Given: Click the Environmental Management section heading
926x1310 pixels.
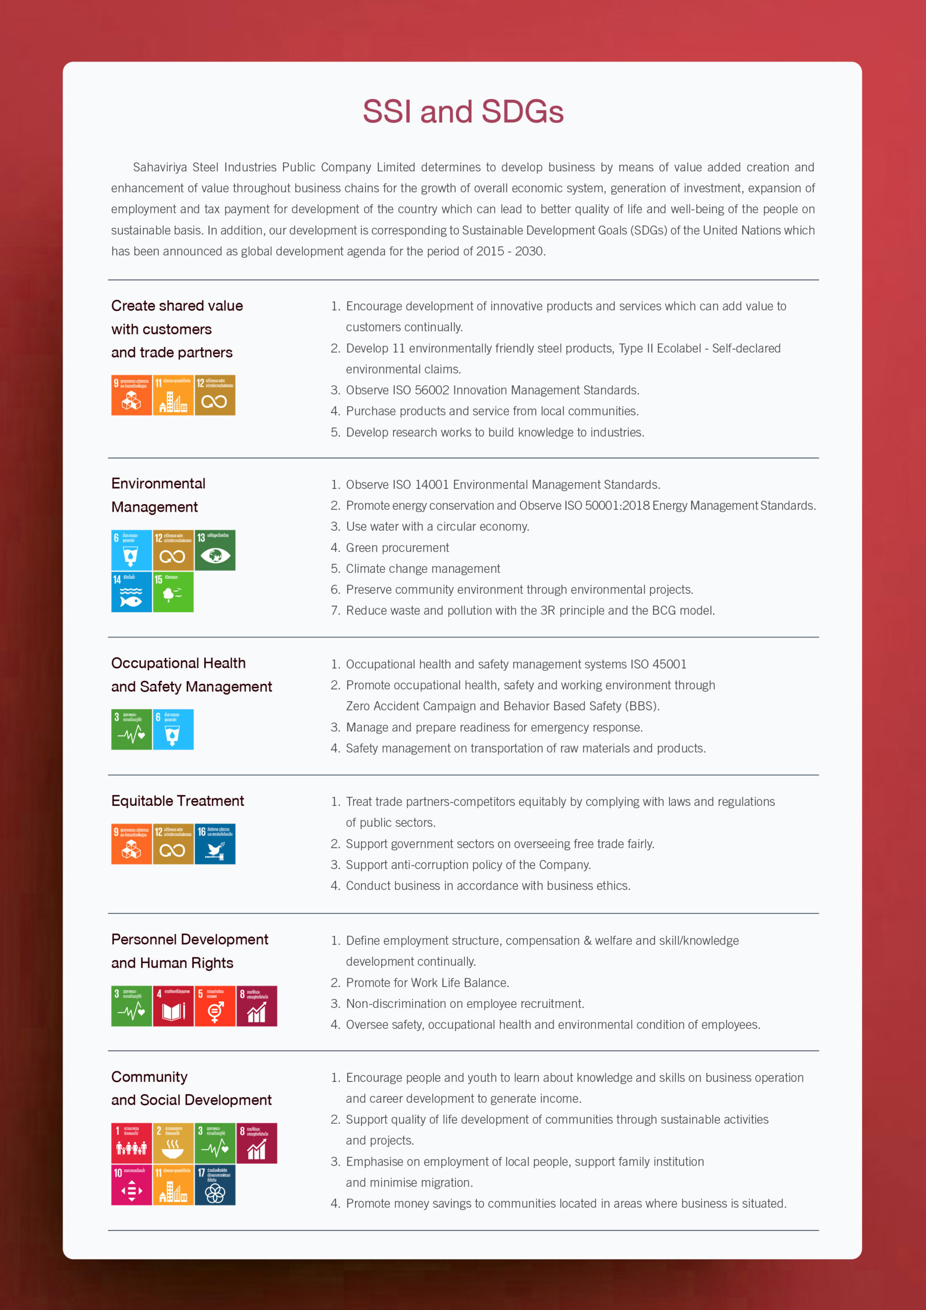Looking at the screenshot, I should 158,495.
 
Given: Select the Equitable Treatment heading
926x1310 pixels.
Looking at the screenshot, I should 178,800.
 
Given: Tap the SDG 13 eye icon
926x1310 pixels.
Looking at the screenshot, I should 215,551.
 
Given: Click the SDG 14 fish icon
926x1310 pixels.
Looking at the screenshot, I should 131,592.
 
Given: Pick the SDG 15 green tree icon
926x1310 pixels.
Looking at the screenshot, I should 173,592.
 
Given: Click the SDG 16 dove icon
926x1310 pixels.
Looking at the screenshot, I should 215,844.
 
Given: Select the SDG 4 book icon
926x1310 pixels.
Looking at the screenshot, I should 173,1006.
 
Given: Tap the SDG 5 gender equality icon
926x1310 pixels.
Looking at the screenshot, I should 215,1006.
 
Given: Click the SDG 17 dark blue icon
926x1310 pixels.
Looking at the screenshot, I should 215,1185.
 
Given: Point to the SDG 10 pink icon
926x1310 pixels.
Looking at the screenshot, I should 131,1185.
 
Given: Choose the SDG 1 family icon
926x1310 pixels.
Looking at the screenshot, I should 131,1143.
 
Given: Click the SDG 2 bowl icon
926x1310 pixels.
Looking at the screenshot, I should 173,1143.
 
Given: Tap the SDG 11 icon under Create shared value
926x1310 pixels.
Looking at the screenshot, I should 173,396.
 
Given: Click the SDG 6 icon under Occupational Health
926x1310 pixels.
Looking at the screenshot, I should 173,730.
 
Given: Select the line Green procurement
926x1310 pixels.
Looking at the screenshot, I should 397,548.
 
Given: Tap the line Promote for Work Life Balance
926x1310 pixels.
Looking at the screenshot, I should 427,982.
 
